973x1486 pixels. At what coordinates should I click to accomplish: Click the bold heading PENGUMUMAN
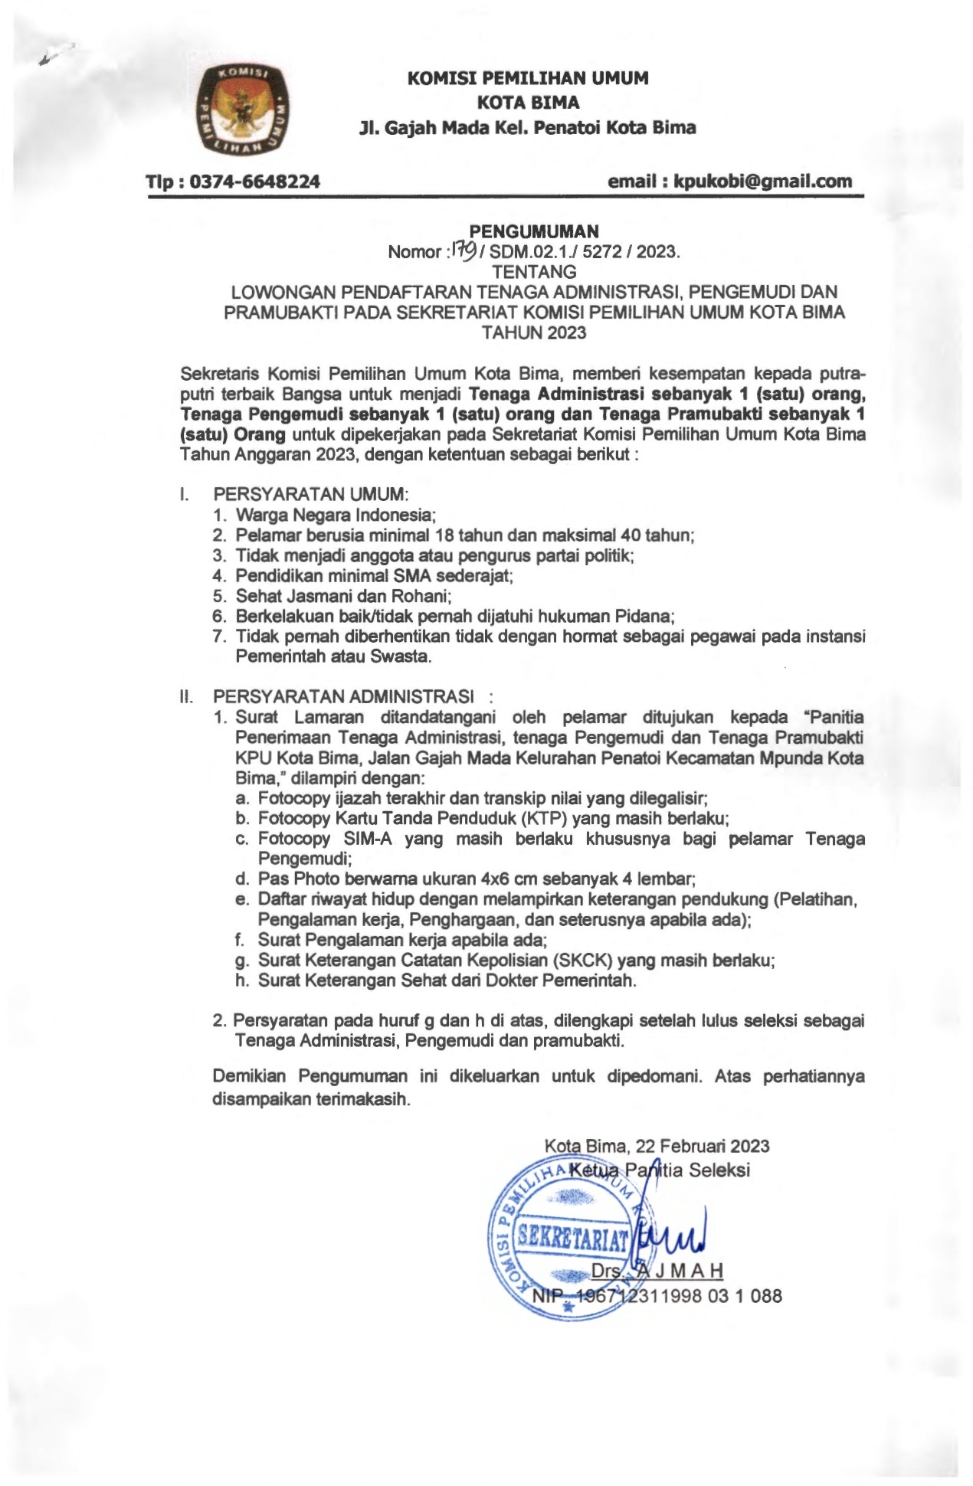click(x=533, y=231)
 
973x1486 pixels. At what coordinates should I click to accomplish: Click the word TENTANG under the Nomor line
click(x=534, y=271)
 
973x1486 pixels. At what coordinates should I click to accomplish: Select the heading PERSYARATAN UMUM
click(x=310, y=494)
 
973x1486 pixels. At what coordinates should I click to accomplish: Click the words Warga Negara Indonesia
click(x=336, y=515)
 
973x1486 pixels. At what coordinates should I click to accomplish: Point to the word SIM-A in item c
click(x=367, y=838)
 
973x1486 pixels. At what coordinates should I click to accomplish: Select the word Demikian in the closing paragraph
click(x=249, y=1076)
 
